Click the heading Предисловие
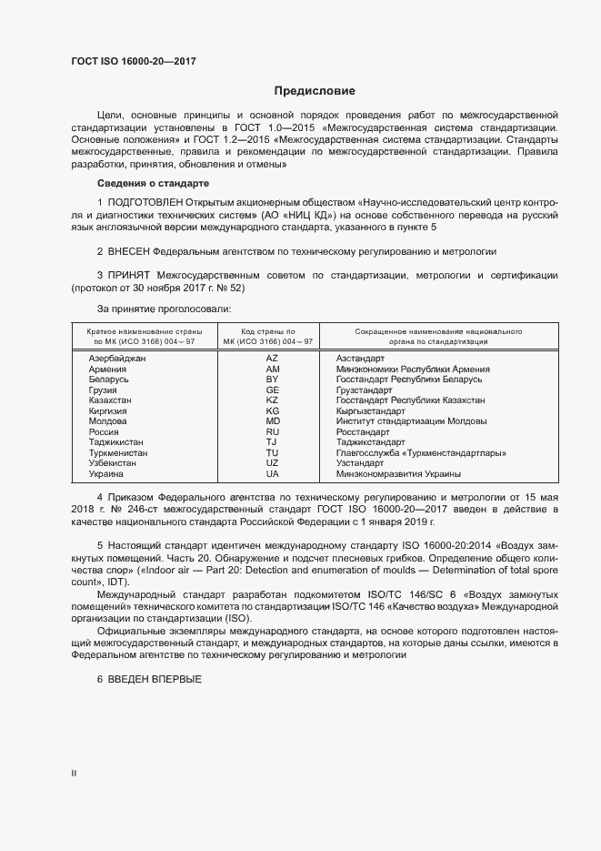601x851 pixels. click(x=315, y=91)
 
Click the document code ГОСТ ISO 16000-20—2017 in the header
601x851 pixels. click(x=133, y=61)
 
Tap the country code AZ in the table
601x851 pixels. click(x=272, y=359)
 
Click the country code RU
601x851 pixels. click(x=272, y=431)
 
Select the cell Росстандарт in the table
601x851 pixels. click(x=362, y=431)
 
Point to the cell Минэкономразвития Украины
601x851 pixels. click(x=397, y=473)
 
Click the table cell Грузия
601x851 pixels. click(x=103, y=390)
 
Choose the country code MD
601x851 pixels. click(x=272, y=421)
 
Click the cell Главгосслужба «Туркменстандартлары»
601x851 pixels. click(x=421, y=452)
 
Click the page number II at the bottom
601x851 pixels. click(x=75, y=774)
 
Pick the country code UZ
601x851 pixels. click(x=272, y=463)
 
